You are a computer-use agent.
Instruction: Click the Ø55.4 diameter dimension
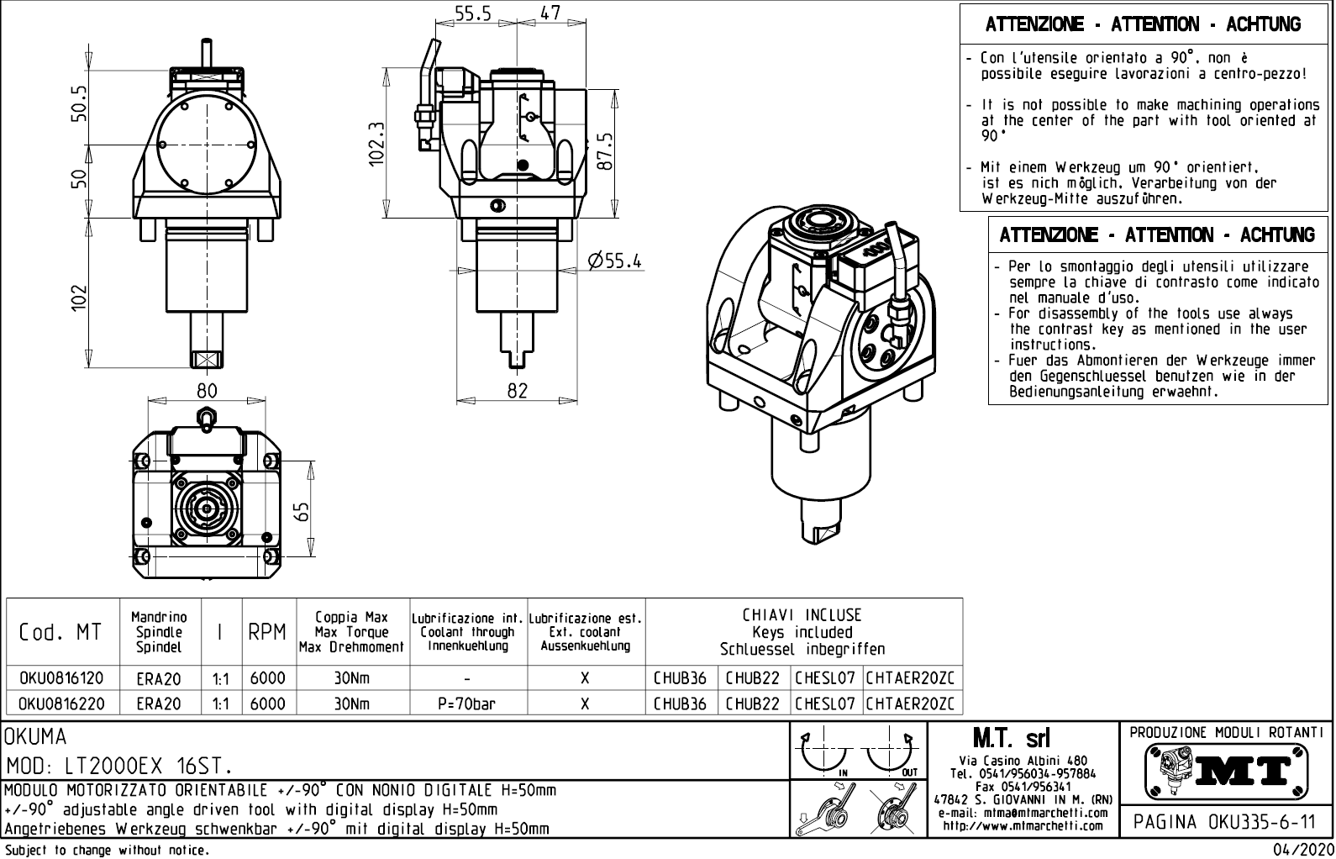pos(615,261)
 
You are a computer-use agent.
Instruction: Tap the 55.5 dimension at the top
pos(473,13)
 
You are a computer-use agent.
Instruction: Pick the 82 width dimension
pos(518,390)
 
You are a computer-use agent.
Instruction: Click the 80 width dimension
pos(207,390)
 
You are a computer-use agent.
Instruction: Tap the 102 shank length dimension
pos(77,297)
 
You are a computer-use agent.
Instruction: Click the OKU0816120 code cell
pos(61,678)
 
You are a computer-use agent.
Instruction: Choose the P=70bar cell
pos(467,704)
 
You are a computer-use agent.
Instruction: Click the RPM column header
pos(268,633)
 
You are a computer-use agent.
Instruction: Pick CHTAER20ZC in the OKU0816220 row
pos(913,704)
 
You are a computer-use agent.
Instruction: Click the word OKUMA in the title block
pos(36,737)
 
